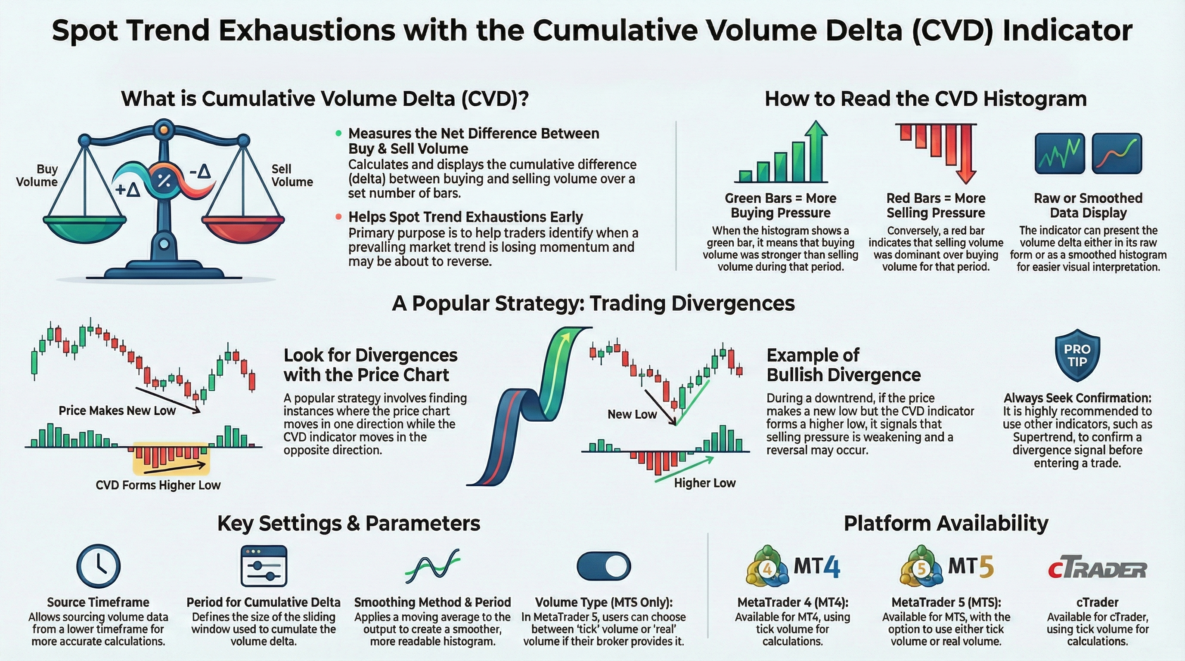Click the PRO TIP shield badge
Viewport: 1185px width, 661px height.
pos(1077,355)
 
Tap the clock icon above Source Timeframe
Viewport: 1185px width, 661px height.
pos(98,566)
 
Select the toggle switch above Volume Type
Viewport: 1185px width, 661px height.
pos(604,566)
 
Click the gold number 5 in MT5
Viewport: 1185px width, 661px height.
pos(985,567)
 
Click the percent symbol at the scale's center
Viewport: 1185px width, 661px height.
pos(164,180)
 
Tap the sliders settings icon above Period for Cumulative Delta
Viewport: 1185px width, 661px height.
pos(264,566)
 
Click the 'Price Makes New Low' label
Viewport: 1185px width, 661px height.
pos(117,411)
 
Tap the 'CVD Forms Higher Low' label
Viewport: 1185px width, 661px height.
pos(158,485)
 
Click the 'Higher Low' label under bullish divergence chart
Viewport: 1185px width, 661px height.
pos(705,483)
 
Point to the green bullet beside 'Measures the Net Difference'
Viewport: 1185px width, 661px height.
pos(338,133)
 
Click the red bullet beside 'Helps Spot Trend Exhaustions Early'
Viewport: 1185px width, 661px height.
pos(338,216)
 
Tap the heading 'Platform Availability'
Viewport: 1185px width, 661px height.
pos(946,523)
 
